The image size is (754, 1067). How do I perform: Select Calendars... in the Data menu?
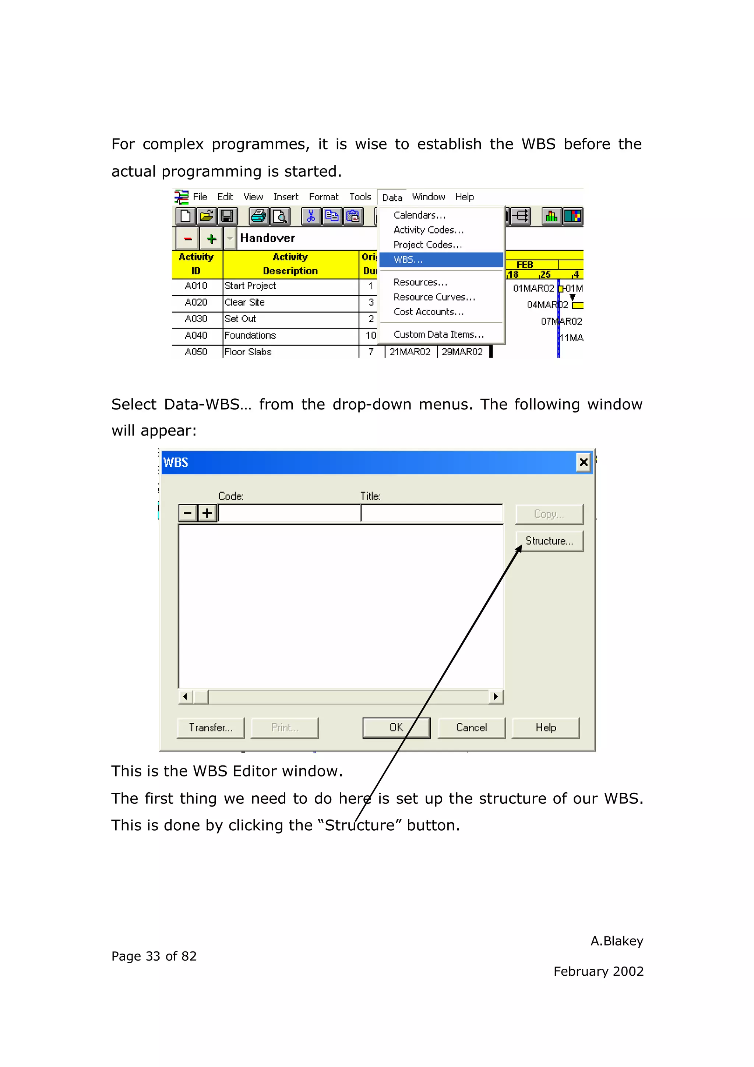coord(419,215)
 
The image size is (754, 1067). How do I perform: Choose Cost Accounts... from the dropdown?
coord(428,312)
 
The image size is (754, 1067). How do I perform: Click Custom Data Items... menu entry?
coord(438,334)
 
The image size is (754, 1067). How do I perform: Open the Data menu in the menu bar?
coord(392,197)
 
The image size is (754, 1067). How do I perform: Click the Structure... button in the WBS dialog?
coord(549,541)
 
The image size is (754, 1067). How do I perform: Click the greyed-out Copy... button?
coord(549,514)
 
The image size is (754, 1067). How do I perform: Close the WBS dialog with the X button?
coord(584,462)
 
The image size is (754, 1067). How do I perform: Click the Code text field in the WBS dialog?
coord(289,514)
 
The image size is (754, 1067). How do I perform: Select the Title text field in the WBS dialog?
coord(431,514)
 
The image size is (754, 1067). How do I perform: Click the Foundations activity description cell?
coord(290,335)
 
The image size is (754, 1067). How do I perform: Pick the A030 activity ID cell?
coord(196,319)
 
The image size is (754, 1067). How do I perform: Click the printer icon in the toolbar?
coord(258,216)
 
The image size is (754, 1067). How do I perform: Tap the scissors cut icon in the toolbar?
coord(311,216)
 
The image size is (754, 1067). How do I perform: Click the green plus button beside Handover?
coord(212,239)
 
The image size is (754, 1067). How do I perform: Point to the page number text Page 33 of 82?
coord(154,956)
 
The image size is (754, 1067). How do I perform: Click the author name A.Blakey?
coord(616,941)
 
